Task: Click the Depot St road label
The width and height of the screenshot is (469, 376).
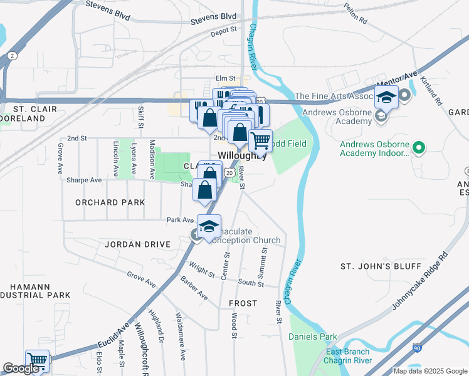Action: tap(224, 29)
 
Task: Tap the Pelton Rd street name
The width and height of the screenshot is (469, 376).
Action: tap(356, 13)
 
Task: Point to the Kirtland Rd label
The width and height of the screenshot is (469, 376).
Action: tap(433, 91)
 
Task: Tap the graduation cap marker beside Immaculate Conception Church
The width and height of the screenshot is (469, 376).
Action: tap(209, 226)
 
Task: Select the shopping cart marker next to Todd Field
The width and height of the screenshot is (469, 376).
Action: tap(260, 140)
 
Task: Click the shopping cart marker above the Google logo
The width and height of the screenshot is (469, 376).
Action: tap(38, 360)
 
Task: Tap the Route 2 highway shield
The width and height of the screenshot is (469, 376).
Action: tap(12, 56)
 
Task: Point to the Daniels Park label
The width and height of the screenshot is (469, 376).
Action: tap(312, 337)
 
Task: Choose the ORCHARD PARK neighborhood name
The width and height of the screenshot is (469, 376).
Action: tap(110, 202)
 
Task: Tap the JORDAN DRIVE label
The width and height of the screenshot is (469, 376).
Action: tap(137, 244)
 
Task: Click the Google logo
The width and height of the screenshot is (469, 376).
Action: tap(21, 368)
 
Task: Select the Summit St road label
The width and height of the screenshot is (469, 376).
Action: tap(264, 259)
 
